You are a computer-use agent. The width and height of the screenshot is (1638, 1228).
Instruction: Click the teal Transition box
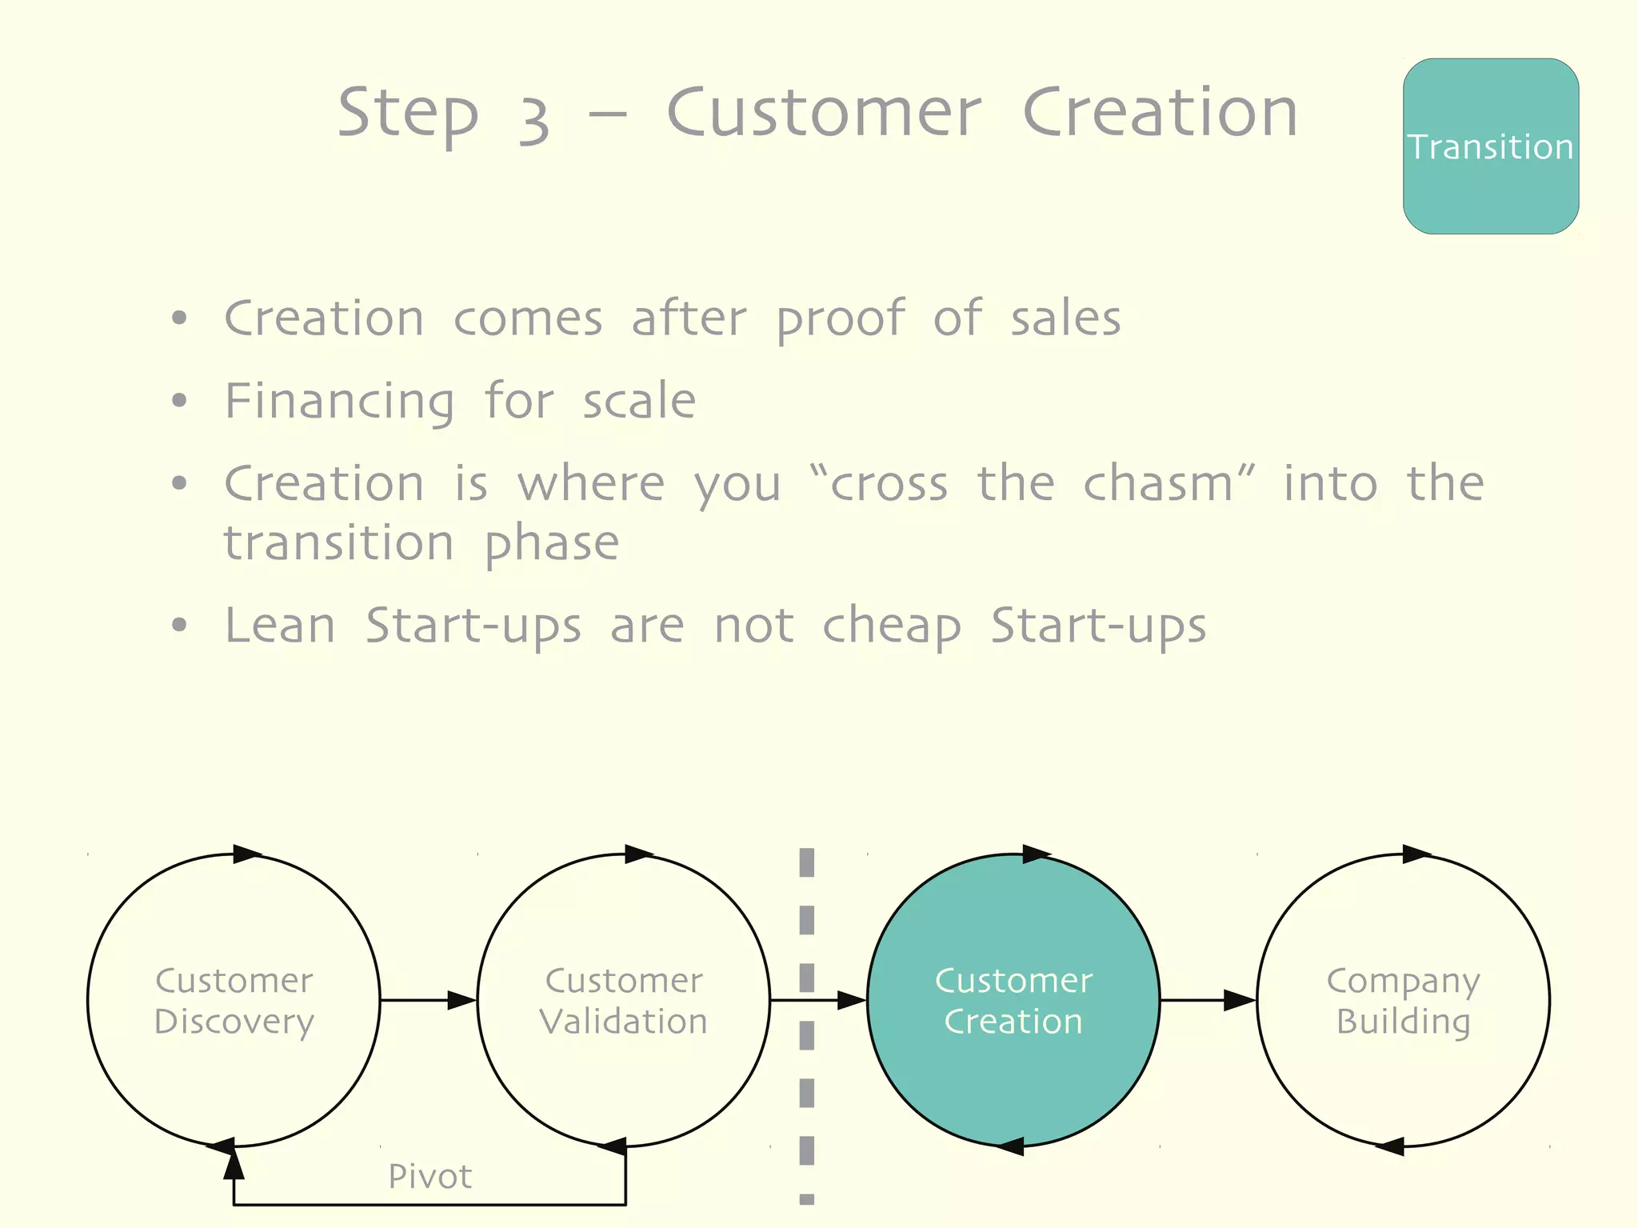tap(1490, 146)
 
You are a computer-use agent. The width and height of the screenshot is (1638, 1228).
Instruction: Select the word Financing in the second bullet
tap(340, 402)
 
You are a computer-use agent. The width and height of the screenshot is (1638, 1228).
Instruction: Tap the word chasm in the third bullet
tap(1158, 484)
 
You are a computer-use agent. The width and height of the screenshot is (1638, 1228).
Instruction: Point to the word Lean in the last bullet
tap(280, 626)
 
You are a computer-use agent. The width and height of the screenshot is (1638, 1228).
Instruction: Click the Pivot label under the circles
tap(430, 1176)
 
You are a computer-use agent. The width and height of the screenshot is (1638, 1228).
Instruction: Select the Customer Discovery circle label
tap(234, 1001)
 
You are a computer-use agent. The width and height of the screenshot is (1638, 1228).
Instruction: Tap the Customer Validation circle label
tap(624, 1001)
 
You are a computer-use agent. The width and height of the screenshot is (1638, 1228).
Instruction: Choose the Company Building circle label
tap(1403, 1001)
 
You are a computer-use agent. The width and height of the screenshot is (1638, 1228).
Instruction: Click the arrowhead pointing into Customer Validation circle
tap(462, 1000)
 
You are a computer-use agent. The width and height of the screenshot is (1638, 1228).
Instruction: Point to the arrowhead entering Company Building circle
tap(1240, 1000)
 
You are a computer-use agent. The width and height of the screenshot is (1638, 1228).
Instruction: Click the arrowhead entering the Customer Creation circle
tap(851, 1000)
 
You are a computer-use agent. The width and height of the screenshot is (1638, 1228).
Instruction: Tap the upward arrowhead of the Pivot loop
tap(234, 1164)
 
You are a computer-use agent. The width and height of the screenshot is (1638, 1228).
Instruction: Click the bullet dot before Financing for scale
tap(179, 400)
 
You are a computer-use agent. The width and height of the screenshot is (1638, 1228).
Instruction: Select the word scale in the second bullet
tap(639, 402)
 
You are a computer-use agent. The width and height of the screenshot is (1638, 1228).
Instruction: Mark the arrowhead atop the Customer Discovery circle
tap(246, 854)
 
